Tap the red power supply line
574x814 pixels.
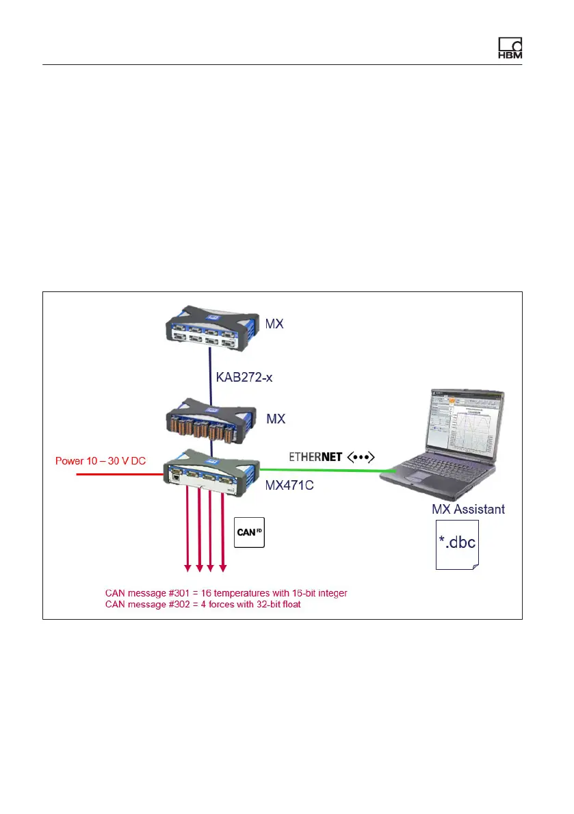tap(116, 473)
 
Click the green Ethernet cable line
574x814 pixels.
tap(322, 470)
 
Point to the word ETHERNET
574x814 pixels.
tap(316, 456)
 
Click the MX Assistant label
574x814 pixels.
tap(468, 509)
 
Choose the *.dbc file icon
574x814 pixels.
tap(458, 544)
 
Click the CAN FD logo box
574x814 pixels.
tap(249, 531)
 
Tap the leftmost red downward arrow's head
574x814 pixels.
tap(187, 566)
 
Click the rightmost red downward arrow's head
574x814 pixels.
tap(222, 566)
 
